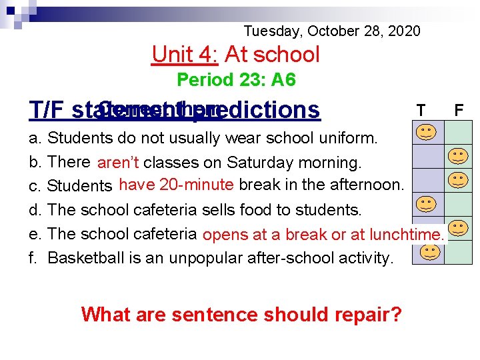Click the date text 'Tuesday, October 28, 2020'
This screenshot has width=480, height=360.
pyautogui.click(x=332, y=31)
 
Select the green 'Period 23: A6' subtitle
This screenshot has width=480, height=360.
pyautogui.click(x=236, y=81)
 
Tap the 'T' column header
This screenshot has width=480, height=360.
pyautogui.click(x=421, y=109)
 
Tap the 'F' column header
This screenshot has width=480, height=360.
pyautogui.click(x=459, y=109)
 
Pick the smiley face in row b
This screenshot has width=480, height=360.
pyautogui.click(x=457, y=157)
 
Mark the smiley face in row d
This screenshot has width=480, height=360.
pyautogui.click(x=427, y=203)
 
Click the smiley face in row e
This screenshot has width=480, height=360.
pyautogui.click(x=457, y=228)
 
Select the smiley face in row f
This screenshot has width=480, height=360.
pyautogui.click(x=431, y=252)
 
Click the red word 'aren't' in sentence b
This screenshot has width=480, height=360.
pyautogui.click(x=118, y=163)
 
